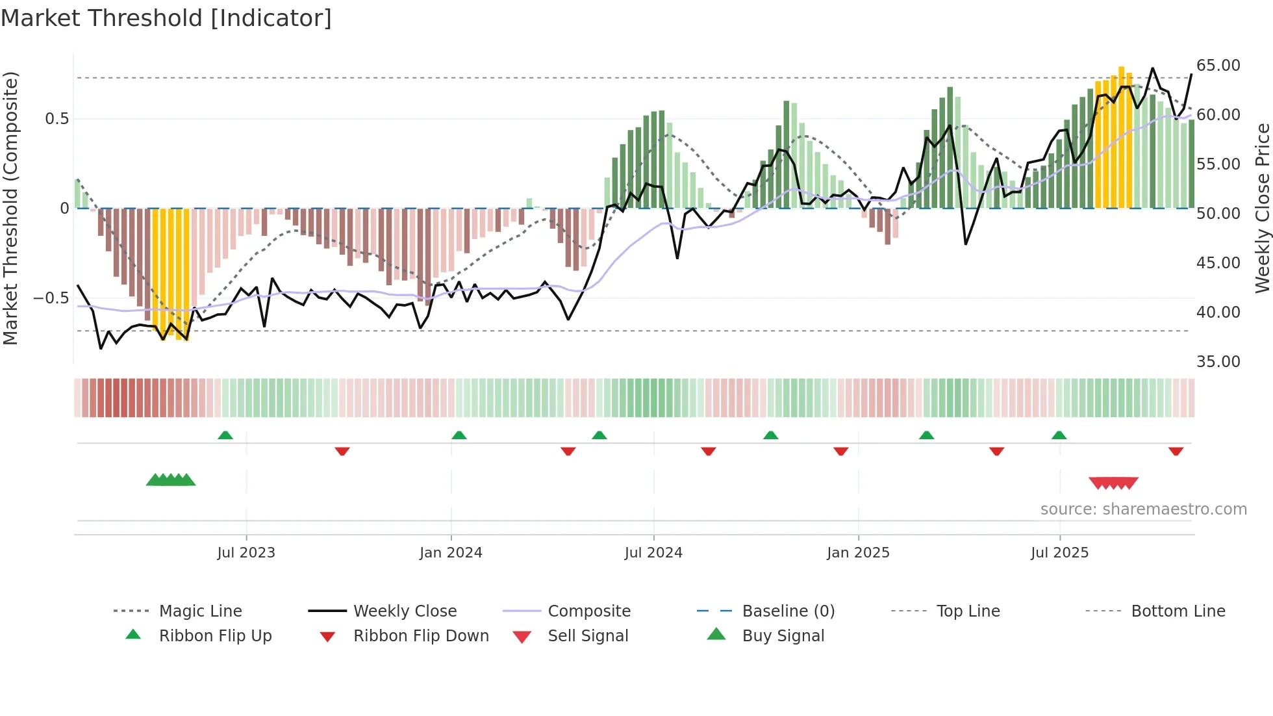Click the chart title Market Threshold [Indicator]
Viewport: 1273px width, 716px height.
pos(166,18)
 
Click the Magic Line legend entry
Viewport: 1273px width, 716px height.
pos(200,611)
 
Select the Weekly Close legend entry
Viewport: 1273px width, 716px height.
pos(405,611)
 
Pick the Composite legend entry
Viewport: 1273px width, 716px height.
pos(588,611)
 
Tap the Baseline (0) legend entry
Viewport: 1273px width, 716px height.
pos(788,611)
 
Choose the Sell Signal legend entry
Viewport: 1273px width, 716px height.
pos(587,636)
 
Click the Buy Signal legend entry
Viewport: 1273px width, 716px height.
pos(783,636)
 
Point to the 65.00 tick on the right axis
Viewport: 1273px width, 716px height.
pos(1218,66)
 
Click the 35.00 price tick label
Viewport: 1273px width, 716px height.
pos(1218,362)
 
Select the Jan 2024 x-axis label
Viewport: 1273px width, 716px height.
pos(451,553)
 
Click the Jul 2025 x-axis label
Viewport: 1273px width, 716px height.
pos(1059,553)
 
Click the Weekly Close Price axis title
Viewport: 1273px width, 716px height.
pos(1262,208)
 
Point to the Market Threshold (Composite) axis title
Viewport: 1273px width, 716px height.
pos(10,208)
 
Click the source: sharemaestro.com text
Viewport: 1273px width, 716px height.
pos(1143,509)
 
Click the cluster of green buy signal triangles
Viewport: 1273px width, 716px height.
pos(171,480)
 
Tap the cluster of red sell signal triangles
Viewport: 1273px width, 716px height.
pos(1113,483)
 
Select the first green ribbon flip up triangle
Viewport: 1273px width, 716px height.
pos(225,435)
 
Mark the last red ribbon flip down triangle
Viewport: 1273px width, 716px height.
pos(1176,451)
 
